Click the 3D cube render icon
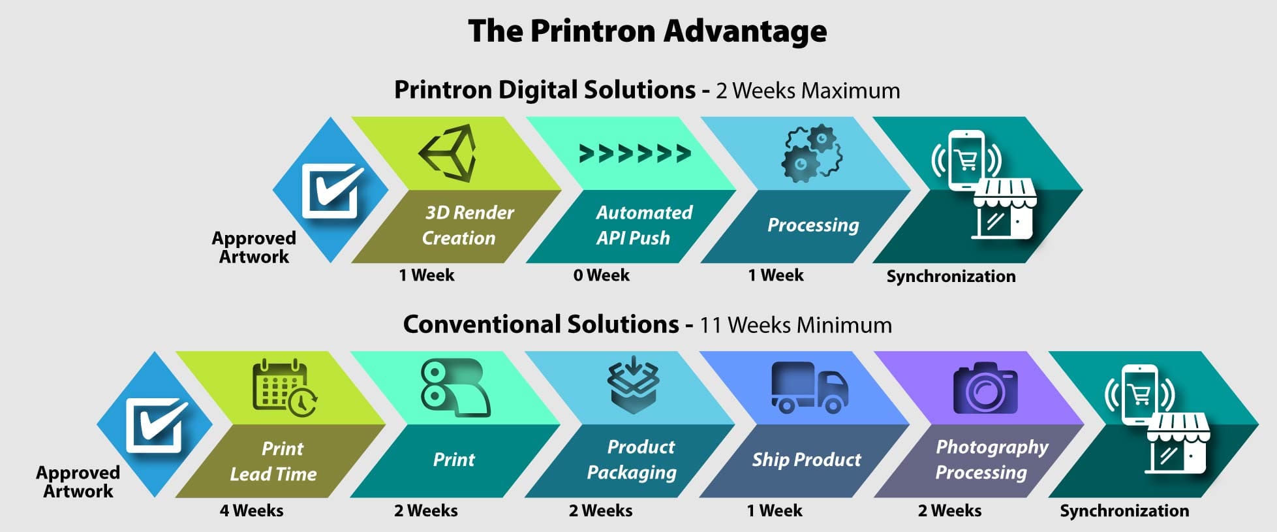click(448, 153)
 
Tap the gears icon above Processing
click(812, 154)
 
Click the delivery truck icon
click(809, 388)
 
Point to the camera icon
click(985, 388)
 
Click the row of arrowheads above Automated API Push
click(635, 153)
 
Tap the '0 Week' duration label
click(601, 275)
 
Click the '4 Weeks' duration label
click(251, 510)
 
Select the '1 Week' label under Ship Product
click(775, 510)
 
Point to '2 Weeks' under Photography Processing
click(949, 510)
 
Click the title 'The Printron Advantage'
click(647, 31)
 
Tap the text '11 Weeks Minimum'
click(795, 325)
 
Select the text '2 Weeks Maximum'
click(808, 91)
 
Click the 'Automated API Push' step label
click(643, 225)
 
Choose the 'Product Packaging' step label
click(632, 460)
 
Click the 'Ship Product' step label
click(807, 460)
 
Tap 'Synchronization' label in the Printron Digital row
click(951, 276)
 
